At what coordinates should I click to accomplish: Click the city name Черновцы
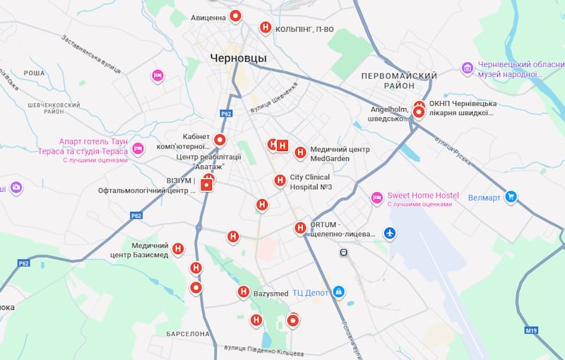coord(238,58)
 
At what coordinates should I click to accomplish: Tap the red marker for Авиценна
coord(236,16)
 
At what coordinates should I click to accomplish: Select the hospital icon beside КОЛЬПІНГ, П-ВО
coord(265,28)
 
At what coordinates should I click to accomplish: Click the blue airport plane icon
coord(389,232)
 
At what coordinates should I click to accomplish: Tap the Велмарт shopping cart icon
coord(511,197)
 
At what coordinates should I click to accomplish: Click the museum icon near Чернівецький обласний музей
coord(467,68)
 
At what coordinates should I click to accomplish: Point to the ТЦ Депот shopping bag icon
coord(338,292)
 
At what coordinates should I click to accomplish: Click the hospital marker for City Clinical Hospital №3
coord(280,181)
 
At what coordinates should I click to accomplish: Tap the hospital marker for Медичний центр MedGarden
coord(300,152)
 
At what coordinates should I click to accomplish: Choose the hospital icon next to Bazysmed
coord(243,292)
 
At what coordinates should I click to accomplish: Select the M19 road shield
coord(531,330)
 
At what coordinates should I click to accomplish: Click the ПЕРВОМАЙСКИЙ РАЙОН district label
coord(398,80)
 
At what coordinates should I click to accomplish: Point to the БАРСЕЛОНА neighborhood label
coord(188,333)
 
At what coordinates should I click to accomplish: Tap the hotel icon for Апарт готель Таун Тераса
coord(138,148)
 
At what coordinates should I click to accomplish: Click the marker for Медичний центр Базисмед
coord(178,248)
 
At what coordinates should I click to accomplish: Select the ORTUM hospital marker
coord(299,227)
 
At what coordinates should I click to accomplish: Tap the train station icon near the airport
coord(343,251)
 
